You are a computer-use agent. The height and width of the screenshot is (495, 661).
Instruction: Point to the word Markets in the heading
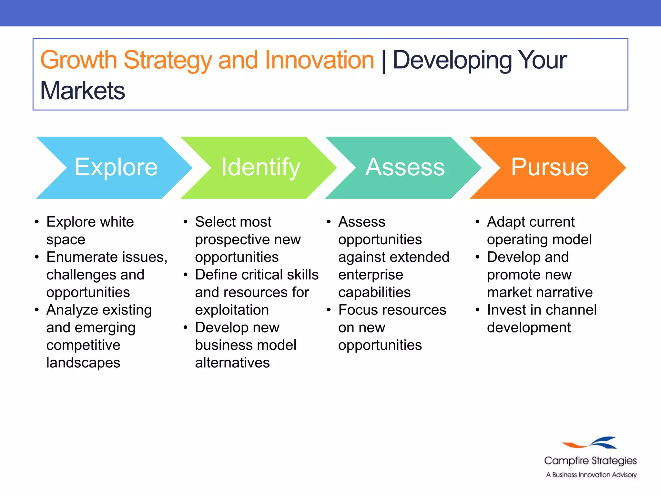(83, 91)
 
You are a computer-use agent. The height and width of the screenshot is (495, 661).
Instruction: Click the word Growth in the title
(78, 60)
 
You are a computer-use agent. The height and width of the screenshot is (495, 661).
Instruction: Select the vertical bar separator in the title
(383, 61)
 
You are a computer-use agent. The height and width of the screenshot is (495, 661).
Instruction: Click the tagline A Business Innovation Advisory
(591, 475)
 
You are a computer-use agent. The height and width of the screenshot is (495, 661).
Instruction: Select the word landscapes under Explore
(83, 363)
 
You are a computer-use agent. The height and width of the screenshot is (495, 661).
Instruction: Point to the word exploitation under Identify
(232, 310)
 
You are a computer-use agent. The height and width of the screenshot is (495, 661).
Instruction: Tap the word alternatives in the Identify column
(232, 363)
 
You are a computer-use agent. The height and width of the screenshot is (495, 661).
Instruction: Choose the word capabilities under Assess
(374, 292)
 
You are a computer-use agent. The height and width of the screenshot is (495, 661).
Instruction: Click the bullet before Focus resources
(329, 310)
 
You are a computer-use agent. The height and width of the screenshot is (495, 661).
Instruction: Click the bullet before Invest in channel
(478, 310)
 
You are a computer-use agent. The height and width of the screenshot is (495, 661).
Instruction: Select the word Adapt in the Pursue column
(505, 222)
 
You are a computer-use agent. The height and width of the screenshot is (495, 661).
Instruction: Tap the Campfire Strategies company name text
(590, 461)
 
